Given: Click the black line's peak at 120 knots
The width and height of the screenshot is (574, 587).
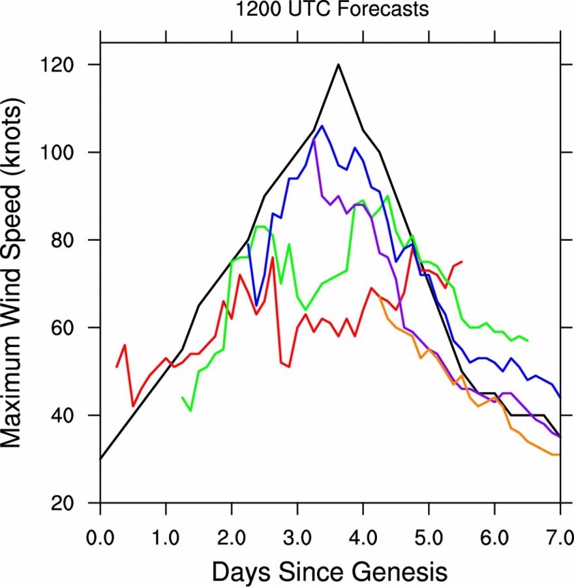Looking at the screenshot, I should (339, 65).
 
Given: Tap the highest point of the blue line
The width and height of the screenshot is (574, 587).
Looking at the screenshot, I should (322, 126).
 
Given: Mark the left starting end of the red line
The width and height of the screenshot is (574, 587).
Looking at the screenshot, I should (117, 367).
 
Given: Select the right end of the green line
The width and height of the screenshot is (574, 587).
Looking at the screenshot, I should (528, 340).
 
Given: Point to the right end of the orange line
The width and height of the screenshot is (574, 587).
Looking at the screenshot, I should (560, 455).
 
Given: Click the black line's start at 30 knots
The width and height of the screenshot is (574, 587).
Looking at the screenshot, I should (100, 459).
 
